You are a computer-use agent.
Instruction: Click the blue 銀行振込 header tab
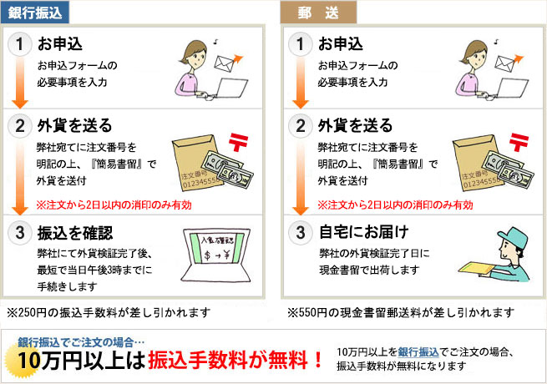coord(35,13)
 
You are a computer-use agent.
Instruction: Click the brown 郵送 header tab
coord(318,13)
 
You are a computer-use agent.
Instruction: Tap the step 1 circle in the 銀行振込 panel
coord(19,44)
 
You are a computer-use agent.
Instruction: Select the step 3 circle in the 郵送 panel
coord(301,233)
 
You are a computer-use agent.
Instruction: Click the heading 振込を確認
coord(75,233)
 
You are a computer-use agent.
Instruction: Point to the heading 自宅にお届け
coord(363,232)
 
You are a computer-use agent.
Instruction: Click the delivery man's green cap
coord(514,237)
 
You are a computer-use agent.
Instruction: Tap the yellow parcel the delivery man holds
coord(476,267)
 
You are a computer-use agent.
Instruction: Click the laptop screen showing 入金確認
coord(216,248)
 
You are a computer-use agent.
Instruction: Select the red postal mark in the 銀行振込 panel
coord(239,142)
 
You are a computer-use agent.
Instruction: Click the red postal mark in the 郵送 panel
coord(519,142)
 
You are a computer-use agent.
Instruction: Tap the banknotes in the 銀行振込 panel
coord(227,169)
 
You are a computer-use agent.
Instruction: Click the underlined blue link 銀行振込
coord(418,352)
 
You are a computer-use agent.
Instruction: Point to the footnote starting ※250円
coord(109,312)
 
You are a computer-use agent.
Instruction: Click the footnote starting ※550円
coord(401,312)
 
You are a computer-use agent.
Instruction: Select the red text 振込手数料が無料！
coord(236,360)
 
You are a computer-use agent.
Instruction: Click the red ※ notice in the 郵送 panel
coord(395,205)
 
